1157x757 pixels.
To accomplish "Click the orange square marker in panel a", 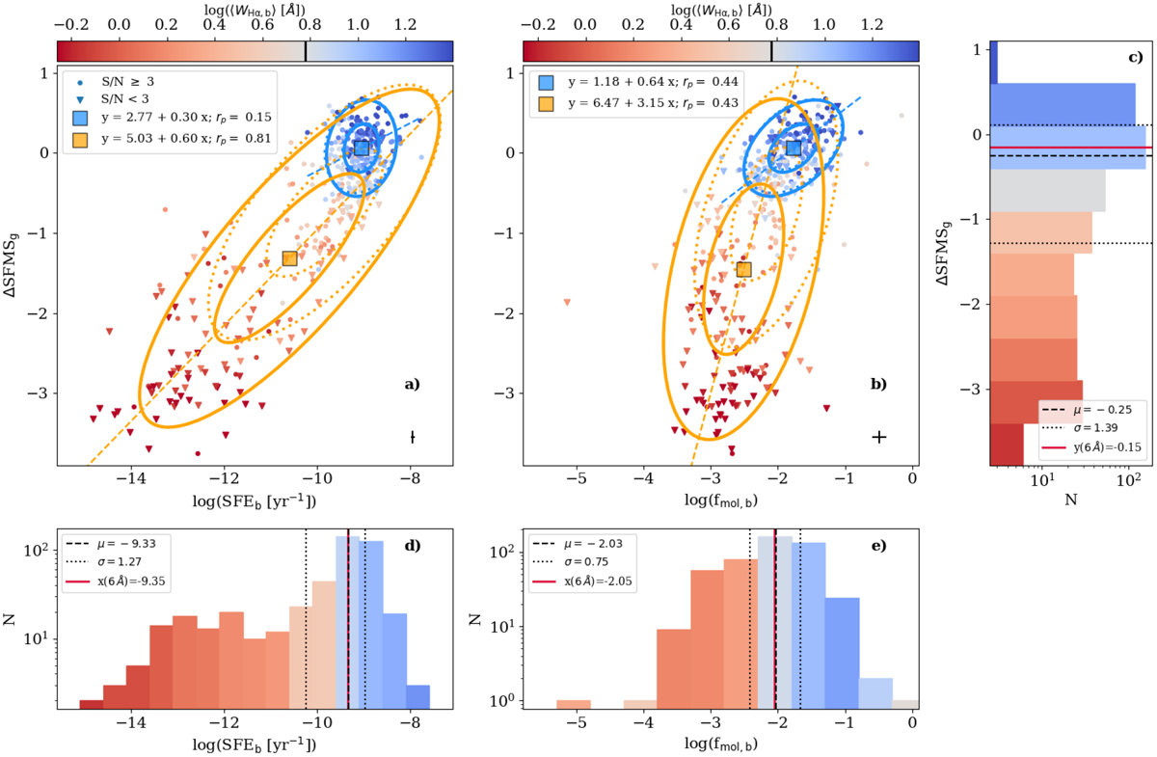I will point(289,257).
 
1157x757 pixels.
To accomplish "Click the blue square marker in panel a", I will point(362,148).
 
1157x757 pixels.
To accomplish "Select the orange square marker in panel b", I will point(743,269).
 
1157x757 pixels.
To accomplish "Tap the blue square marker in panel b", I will point(794,148).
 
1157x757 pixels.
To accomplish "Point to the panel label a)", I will point(412,385).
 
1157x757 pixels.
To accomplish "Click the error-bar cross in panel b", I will point(878,437).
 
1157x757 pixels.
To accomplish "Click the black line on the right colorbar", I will point(771,50).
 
